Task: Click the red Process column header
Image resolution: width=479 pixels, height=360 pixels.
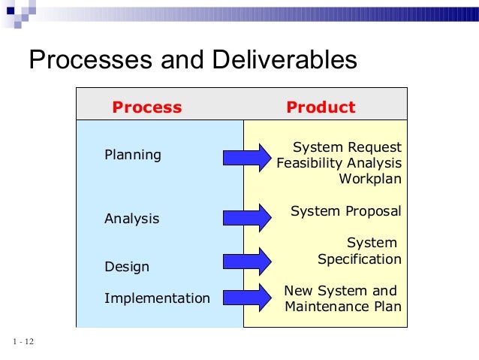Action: coord(146,107)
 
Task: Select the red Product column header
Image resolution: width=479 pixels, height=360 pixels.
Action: coord(321,107)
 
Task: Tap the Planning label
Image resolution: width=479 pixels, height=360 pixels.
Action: coord(132,155)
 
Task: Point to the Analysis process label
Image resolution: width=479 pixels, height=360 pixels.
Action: coord(131,219)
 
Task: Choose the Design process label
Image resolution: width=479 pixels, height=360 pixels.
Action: coord(126,267)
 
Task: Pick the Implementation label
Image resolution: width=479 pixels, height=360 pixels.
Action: coord(157,298)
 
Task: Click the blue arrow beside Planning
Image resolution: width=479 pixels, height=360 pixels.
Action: coord(246,157)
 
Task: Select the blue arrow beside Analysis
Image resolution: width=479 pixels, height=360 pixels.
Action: coord(246,216)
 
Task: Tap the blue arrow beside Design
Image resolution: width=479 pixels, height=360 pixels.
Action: coord(246,261)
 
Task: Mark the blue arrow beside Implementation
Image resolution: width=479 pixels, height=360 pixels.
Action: coord(246,298)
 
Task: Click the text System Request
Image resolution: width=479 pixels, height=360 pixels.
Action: coord(347,147)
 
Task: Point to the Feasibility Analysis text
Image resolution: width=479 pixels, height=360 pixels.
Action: coord(339,163)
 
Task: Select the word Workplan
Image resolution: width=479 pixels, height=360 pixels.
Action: coord(370,179)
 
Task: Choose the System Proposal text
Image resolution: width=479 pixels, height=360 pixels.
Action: coord(345,211)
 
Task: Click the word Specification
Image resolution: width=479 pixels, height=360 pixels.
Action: coord(360,259)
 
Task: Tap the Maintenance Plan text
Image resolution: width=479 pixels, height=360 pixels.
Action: coord(343,307)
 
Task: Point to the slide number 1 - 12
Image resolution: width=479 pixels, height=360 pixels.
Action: coord(23,343)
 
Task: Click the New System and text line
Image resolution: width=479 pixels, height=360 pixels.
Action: coord(339,291)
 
